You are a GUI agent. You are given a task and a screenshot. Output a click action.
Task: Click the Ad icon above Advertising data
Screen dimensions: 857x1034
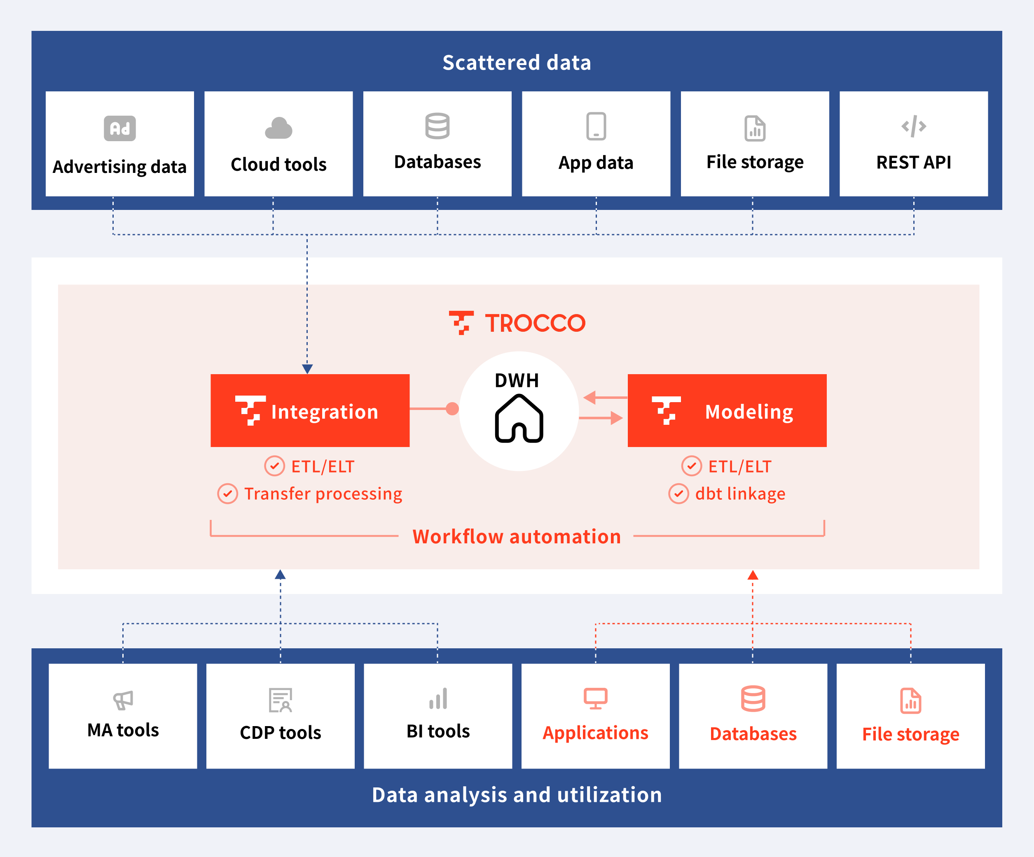pos(119,128)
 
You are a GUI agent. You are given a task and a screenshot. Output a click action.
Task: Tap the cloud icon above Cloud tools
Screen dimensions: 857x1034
pos(279,128)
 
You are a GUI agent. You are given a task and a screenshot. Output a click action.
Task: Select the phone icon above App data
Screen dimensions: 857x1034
pos(596,126)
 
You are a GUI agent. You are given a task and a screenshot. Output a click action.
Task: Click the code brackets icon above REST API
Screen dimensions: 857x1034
pos(913,126)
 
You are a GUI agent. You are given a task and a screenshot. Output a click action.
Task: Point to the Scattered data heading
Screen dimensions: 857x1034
pos(517,63)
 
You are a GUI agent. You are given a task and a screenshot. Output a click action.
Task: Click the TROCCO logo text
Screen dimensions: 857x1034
pos(535,323)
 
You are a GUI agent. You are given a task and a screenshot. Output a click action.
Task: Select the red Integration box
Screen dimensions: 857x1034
pos(310,411)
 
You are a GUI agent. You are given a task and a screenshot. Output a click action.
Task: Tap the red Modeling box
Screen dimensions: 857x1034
pos(727,411)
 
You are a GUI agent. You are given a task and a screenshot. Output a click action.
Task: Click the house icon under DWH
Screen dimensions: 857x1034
pos(519,419)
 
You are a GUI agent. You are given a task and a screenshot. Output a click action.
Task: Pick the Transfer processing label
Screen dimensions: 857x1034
pos(323,494)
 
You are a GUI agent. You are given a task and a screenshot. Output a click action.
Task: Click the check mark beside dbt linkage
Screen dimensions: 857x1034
pos(678,494)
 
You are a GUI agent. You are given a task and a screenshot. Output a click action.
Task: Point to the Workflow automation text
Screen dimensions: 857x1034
pos(517,536)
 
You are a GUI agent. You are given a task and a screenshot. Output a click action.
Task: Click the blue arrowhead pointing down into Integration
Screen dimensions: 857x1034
pos(307,368)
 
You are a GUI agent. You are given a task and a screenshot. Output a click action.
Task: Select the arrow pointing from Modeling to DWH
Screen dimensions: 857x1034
pos(605,397)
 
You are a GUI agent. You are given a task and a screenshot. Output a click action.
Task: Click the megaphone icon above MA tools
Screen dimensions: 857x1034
pos(123,700)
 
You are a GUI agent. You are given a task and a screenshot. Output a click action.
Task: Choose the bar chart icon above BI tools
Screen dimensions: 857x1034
pos(438,699)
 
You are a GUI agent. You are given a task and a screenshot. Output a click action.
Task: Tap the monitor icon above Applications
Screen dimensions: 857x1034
pos(595,698)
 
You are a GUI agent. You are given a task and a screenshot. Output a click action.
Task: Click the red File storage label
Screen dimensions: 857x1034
pos(910,734)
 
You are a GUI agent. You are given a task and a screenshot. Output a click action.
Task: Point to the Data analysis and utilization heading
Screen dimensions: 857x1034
pos(517,795)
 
